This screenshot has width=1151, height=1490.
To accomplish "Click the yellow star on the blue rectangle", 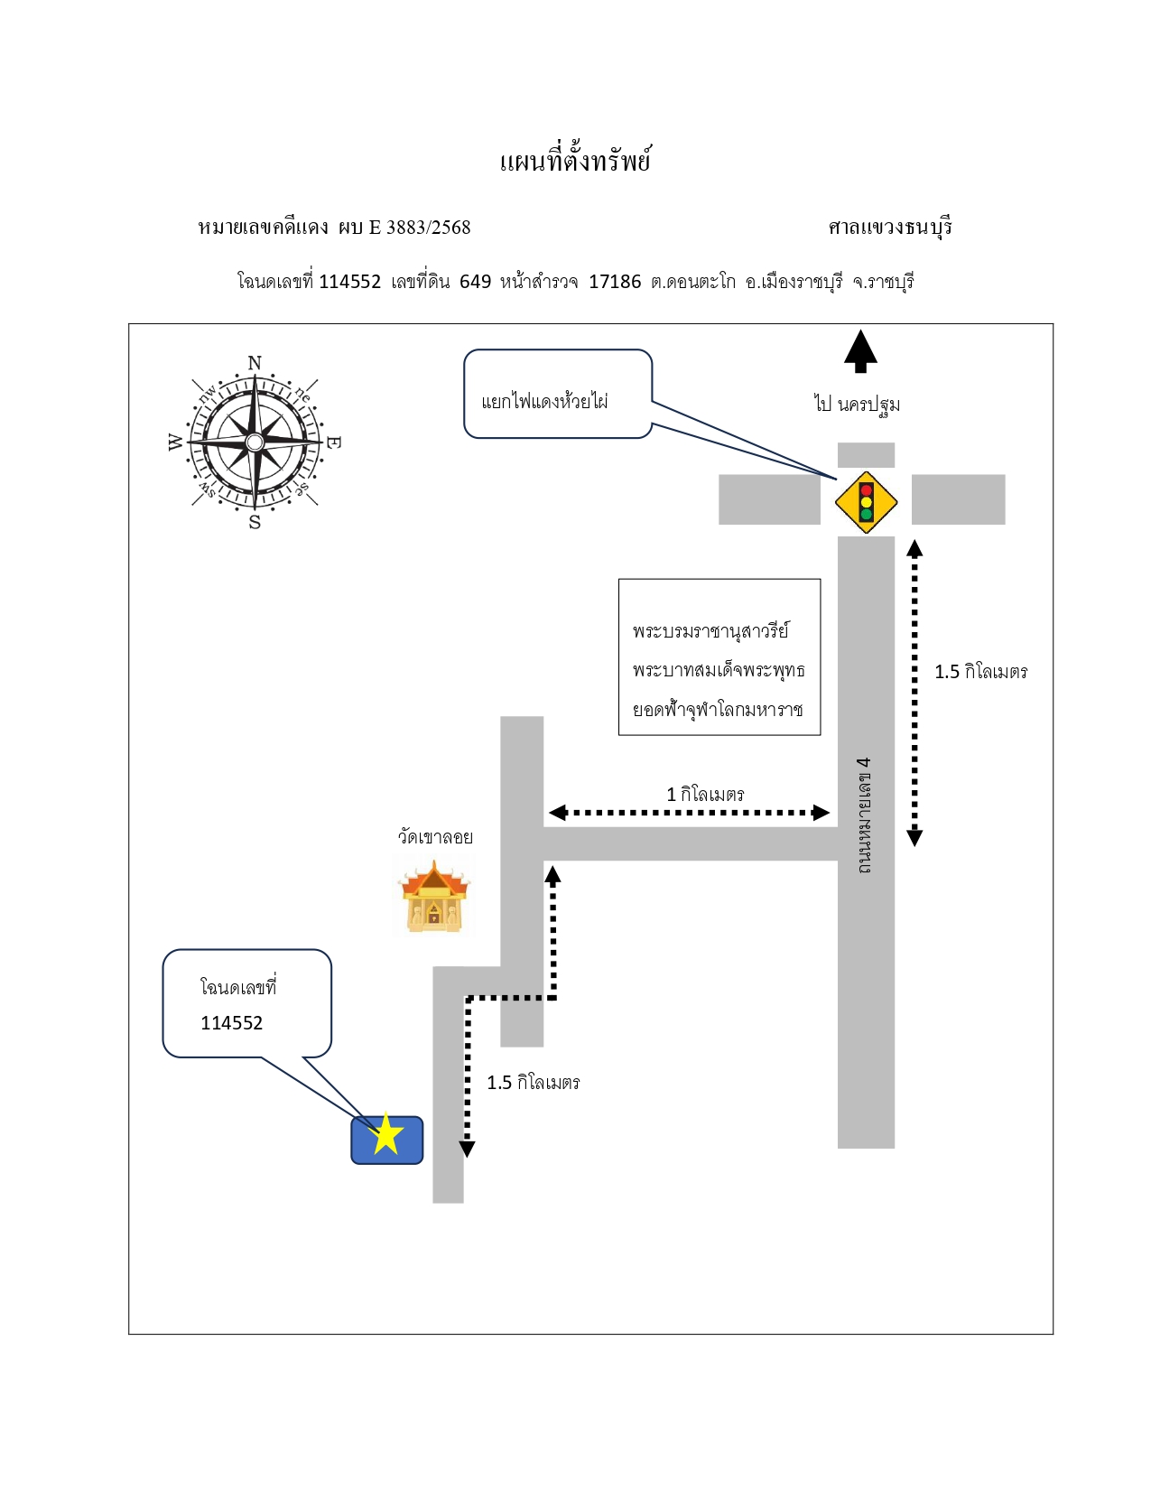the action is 386,1132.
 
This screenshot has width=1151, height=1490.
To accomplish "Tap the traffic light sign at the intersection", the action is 866,502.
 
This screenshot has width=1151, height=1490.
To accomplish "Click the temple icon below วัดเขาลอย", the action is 434,897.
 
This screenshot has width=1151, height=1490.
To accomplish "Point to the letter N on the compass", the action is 255,363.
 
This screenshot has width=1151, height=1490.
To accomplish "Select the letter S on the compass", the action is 255,522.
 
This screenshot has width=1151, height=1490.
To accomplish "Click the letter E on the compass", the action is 333,442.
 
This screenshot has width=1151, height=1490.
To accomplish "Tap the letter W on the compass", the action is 175,442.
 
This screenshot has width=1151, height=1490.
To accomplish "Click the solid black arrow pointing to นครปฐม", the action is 860,351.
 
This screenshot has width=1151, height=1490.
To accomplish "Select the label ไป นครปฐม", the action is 857,404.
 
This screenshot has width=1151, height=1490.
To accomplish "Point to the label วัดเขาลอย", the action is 435,836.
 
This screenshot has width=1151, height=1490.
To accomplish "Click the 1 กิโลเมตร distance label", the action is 705,794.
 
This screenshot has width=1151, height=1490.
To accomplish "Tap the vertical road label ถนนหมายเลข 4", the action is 865,815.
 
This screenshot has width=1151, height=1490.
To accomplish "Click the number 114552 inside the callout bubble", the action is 232,1022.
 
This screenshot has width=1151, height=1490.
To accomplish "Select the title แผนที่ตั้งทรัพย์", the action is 575,160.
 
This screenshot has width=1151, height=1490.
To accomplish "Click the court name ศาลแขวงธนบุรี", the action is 890,227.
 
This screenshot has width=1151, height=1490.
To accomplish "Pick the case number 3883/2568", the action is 429,227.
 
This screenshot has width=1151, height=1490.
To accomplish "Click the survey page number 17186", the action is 615,281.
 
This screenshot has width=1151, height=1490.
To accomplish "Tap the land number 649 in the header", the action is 475,281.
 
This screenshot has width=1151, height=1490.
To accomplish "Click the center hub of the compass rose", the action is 255,442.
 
